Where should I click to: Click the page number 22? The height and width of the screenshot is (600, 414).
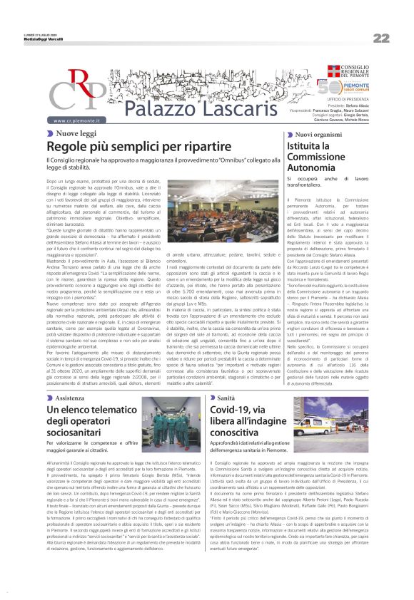click(381, 38)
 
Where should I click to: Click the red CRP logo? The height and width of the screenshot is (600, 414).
click(74, 90)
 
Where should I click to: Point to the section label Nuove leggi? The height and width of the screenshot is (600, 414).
click(76, 133)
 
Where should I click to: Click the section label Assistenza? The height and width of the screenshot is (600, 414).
click(74, 398)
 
